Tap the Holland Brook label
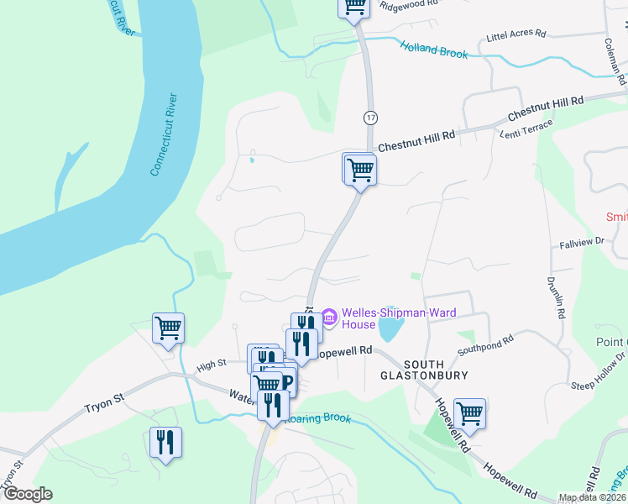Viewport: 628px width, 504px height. coord(434,50)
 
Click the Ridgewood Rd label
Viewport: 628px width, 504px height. coord(410,4)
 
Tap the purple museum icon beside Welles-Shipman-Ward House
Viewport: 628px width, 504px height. coord(329,318)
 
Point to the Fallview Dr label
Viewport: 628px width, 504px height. coord(582,242)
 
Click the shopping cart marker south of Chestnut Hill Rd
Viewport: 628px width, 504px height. coord(359,170)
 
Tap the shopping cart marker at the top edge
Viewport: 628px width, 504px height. coord(354,7)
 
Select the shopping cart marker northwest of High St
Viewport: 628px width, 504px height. coord(168,328)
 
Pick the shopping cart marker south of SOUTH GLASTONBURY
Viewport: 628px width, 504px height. coord(469,413)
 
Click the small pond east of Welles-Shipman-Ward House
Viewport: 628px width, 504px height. coord(389,329)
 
